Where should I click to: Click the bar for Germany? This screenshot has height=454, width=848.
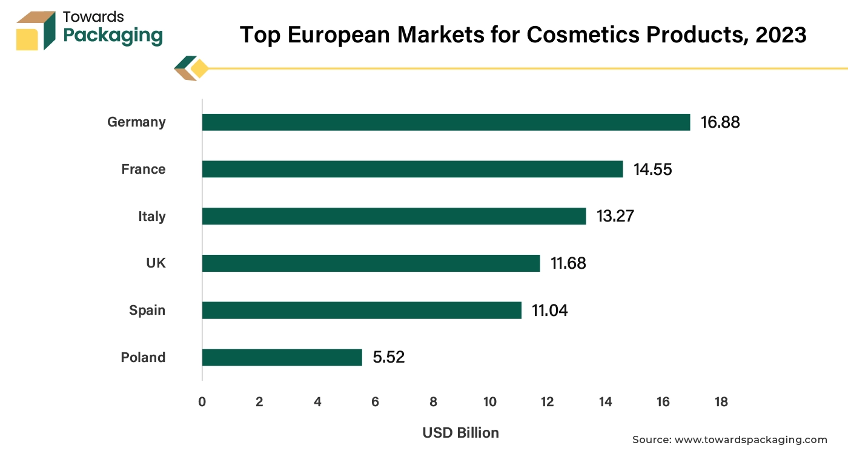pos(446,122)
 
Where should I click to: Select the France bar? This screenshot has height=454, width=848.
pos(412,169)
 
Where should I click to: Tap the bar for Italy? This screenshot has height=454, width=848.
pos(394,216)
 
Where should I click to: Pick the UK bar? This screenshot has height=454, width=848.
pos(371,263)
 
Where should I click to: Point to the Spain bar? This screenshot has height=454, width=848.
pos(362,310)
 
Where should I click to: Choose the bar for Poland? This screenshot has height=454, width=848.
pos(282,357)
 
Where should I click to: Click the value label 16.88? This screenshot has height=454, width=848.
pos(720,122)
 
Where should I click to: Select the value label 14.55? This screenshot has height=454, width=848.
pos(653,169)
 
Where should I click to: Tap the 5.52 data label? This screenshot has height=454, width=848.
pos(388,357)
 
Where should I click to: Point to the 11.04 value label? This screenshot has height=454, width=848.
pos(550,311)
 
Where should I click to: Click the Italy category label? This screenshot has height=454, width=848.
pos(151,216)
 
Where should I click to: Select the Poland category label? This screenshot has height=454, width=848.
pos(143,357)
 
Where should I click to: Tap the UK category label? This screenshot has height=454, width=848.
pos(156,263)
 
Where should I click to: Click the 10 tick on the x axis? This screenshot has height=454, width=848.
pos(489,402)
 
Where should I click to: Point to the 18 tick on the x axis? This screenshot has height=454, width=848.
pos(720,402)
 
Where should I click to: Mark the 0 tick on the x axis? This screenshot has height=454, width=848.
pos(202,402)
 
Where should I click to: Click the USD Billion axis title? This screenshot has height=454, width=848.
pos(460,433)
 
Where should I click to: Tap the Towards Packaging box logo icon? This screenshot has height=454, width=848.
pos(36,30)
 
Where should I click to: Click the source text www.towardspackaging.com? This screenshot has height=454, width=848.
pos(750,439)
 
